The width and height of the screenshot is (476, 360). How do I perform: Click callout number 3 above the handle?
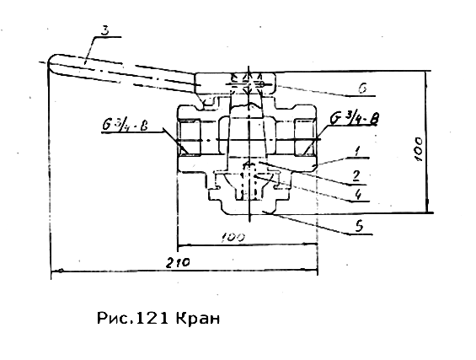coord(104,31)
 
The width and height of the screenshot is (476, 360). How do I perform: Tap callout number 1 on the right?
coord(357,151)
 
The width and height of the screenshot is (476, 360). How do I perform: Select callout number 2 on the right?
coord(356,176)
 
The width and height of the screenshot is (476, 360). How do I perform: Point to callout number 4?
coord(359,195)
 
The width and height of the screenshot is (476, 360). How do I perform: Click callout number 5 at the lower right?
coord(359,227)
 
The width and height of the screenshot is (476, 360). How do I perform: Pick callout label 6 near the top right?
coord(362,89)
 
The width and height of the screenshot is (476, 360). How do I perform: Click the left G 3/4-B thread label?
coord(125,126)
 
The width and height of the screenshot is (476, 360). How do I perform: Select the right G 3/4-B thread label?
coord(355,119)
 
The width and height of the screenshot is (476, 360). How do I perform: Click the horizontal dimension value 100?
coord(233,237)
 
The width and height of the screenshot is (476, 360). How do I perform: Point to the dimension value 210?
coord(178,262)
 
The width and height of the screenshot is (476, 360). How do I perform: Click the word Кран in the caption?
coord(197,319)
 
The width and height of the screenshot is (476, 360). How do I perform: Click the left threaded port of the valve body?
coord(189,137)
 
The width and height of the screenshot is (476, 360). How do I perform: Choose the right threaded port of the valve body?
coord(305,137)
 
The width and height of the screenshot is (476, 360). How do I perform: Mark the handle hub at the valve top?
coord(235,83)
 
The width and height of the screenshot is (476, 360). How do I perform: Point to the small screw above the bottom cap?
coord(249,180)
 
